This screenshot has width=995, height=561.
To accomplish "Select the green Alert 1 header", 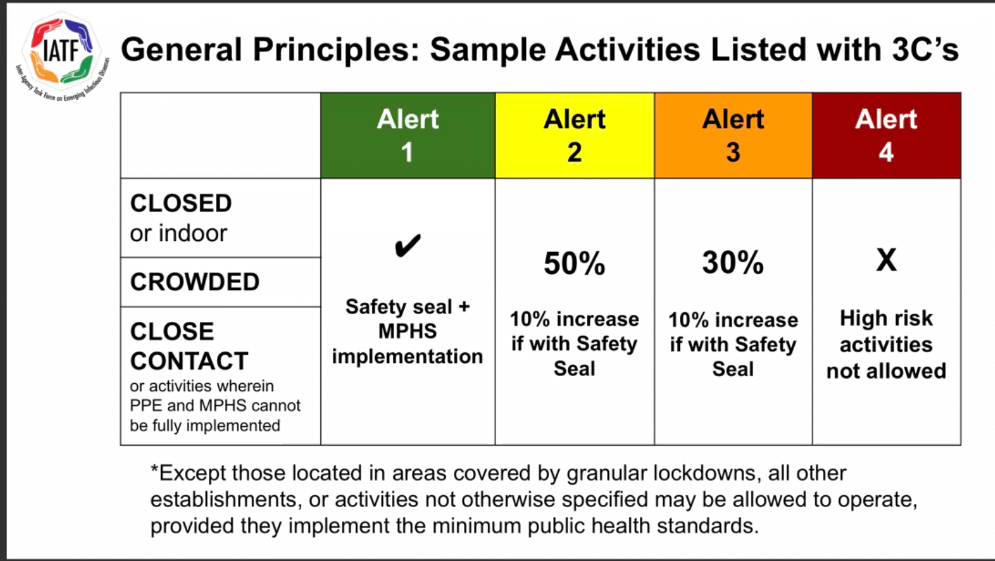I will click(x=408, y=136).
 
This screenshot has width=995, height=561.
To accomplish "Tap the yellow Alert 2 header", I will click(x=575, y=136).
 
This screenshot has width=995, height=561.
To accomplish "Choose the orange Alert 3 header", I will click(x=733, y=136).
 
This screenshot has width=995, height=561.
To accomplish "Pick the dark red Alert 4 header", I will click(x=886, y=136).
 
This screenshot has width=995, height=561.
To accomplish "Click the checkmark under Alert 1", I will click(x=407, y=246).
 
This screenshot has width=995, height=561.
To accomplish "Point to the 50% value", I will click(x=574, y=263).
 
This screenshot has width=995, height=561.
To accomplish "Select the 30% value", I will click(x=733, y=263).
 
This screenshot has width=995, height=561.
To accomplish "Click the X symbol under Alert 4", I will click(x=886, y=260).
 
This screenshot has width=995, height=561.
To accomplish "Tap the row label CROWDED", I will click(x=194, y=282).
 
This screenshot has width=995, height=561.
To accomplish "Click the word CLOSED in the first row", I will click(x=181, y=203).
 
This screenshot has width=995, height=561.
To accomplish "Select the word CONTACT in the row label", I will click(x=189, y=361).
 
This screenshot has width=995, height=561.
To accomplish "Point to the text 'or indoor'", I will click(x=178, y=233).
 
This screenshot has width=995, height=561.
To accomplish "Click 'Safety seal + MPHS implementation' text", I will click(x=407, y=331).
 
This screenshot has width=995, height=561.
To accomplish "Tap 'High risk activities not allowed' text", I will click(x=886, y=344).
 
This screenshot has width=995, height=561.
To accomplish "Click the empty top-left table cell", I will click(x=220, y=136).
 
